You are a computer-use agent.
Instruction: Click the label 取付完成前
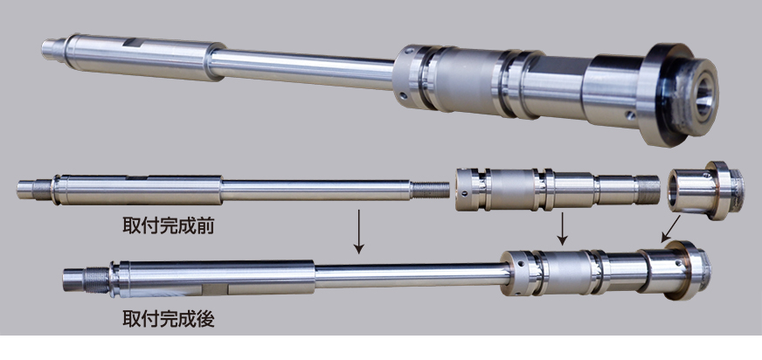click(168, 226)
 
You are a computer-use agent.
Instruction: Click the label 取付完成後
click(168, 319)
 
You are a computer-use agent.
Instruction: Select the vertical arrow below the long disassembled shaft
click(358, 232)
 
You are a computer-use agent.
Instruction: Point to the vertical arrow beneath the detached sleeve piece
click(562, 228)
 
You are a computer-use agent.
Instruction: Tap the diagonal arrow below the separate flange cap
click(670, 229)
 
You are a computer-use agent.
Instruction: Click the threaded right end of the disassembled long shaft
click(431, 190)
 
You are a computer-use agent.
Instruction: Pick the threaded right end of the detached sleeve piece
click(648, 190)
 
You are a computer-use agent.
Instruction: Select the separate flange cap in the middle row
click(705, 190)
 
